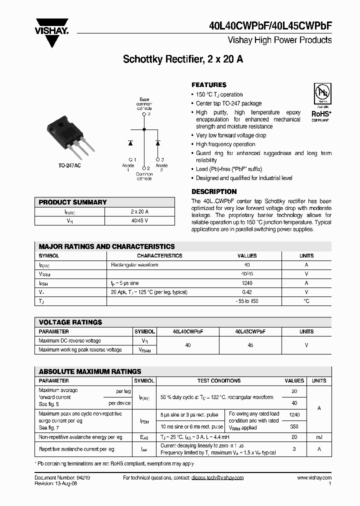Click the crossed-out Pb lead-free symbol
(321, 94)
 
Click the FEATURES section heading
(209, 85)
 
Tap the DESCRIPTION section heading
(214, 191)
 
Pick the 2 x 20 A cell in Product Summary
(139, 211)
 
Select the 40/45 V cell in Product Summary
(139, 220)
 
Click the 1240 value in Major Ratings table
(247, 283)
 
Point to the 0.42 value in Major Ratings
(247, 292)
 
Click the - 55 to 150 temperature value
(247, 301)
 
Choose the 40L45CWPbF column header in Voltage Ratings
(250, 331)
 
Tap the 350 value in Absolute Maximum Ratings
(294, 426)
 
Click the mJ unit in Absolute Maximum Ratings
(319, 437)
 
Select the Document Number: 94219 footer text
(62, 477)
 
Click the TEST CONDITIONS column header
(219, 380)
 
